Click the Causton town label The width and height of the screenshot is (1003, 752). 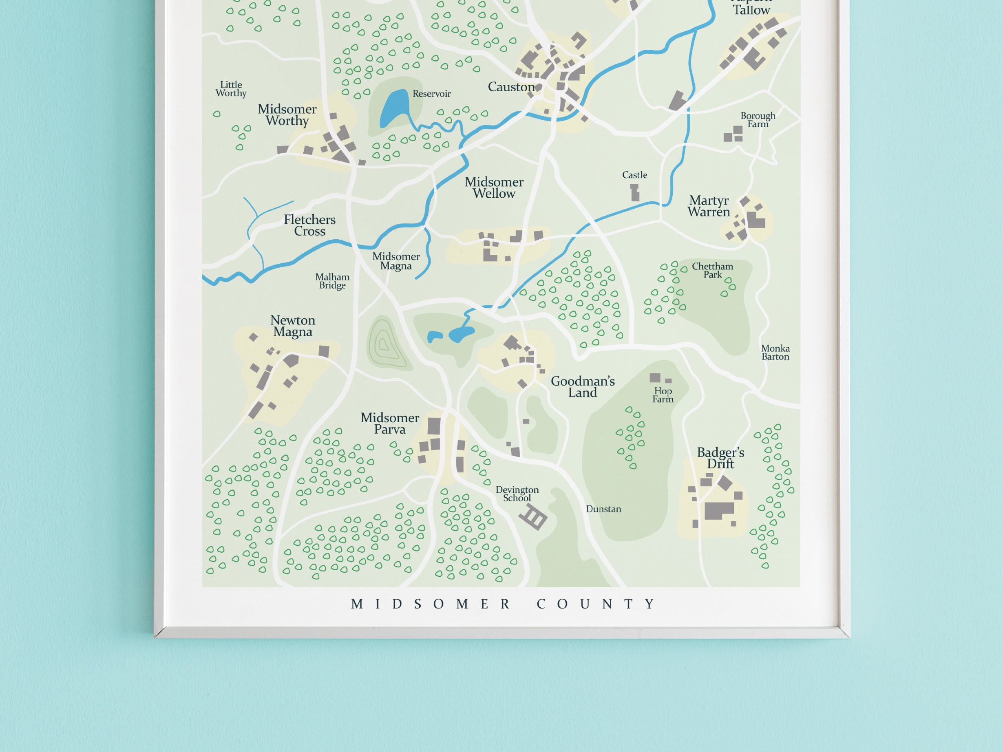(511, 87)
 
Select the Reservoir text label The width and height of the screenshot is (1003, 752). (431, 94)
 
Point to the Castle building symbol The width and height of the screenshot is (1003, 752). (635, 193)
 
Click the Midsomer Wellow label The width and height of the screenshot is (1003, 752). (494, 187)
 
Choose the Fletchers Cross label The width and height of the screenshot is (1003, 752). (310, 225)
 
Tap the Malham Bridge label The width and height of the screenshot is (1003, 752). (332, 281)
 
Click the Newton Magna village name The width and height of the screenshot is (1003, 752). (292, 326)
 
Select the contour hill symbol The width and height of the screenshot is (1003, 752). (384, 344)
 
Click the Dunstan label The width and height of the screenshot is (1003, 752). (603, 509)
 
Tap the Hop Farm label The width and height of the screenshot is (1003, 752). (663, 395)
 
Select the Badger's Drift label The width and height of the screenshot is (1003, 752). (720, 458)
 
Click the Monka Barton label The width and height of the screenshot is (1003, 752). (775, 353)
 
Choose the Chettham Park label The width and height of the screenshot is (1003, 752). (712, 270)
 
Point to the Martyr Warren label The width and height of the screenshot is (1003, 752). (709, 206)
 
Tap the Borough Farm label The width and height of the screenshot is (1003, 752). (758, 120)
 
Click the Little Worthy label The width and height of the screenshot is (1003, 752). (231, 89)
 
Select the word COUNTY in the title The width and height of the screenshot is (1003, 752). (596, 604)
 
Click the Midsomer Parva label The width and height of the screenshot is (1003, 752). (389, 423)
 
